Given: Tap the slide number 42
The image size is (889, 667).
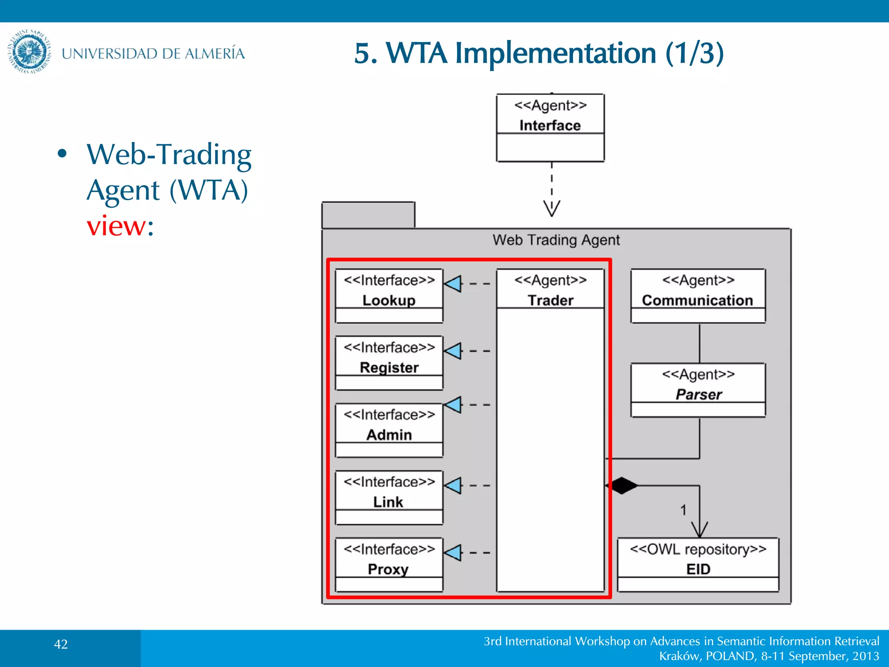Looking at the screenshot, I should tap(61, 644).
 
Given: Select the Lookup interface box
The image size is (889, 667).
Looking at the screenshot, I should tap(389, 296).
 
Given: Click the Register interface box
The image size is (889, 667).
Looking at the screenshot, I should tap(389, 363).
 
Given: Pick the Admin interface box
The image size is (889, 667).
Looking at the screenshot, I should tap(389, 430).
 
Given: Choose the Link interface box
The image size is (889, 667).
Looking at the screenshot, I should tap(389, 497).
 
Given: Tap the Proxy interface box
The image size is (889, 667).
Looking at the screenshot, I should tap(389, 565).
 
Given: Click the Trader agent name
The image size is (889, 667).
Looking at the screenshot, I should tap(550, 300).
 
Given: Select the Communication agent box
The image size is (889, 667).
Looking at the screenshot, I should tap(698, 296).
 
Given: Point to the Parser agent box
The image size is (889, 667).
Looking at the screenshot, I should tap(698, 390).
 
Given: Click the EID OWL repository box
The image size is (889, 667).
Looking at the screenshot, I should tap(698, 565).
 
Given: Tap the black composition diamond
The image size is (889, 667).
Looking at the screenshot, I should tap(622, 485).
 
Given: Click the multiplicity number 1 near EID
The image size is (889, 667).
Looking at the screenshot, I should tap(683, 510).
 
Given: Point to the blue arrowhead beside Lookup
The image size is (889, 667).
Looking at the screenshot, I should tap(454, 284).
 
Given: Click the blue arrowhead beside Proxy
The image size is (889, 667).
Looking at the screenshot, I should tap(454, 552).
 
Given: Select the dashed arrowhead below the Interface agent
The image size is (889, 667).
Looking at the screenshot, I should tap(552, 208).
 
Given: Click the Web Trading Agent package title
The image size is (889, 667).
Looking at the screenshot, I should tap(556, 240).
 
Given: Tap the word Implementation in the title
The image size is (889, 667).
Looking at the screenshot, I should tap(556, 53).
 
